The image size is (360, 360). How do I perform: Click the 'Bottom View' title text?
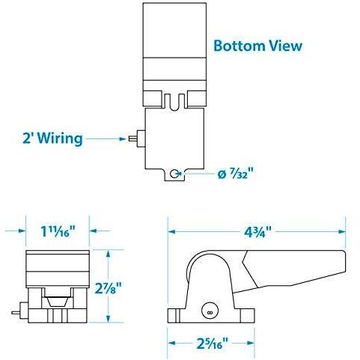(x=257, y=46)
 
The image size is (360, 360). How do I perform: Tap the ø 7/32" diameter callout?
(x=237, y=174)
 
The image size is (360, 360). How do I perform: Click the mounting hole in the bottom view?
(x=174, y=173)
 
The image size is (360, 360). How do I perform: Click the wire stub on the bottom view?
(x=136, y=138)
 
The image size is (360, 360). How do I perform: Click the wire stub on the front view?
(x=16, y=308)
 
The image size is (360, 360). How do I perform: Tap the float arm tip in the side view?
(x=341, y=266)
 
